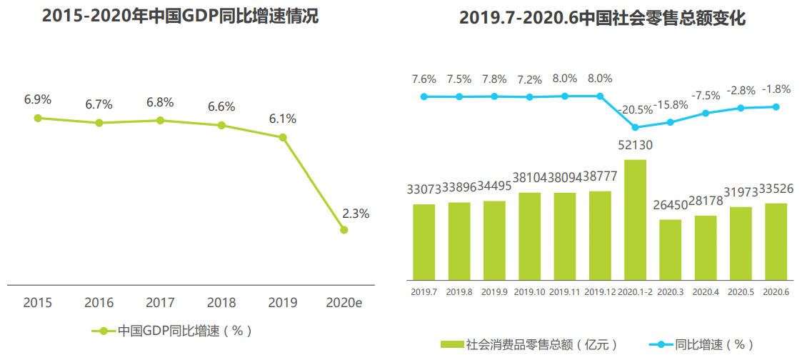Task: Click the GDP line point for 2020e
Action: [344, 230]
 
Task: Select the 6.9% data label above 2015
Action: [38, 99]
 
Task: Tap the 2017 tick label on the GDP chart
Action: [160, 303]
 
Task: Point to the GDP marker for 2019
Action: [283, 137]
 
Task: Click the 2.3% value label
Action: [356, 213]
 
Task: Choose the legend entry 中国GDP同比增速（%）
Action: [172, 331]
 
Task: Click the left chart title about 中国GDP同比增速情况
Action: [180, 17]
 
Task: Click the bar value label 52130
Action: [635, 145]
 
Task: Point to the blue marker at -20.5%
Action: [635, 127]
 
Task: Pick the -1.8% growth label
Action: [776, 89]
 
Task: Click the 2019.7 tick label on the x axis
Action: [423, 291]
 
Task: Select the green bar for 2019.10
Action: [529, 235]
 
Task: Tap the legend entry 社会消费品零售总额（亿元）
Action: [528, 344]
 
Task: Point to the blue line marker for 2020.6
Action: [776, 107]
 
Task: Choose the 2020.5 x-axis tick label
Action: [741, 291]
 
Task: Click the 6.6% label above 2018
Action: [221, 107]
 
